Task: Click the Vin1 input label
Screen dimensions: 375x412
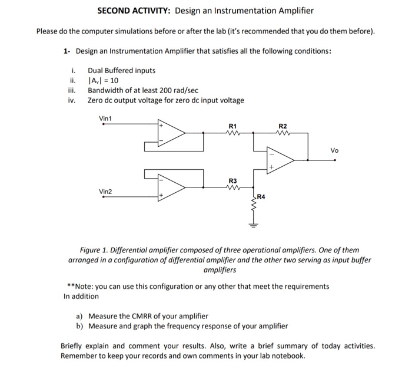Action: point(106,119)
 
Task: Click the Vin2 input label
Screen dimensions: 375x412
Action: point(106,192)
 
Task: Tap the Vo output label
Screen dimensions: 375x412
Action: point(334,150)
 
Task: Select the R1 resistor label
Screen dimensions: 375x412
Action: point(232,126)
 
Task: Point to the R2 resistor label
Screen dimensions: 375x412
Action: point(283,126)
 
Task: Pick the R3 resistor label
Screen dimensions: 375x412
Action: point(232,180)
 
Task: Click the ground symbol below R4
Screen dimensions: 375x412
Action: point(254,225)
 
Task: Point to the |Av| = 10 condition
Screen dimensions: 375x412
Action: point(104,81)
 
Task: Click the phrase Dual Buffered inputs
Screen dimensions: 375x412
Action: point(122,71)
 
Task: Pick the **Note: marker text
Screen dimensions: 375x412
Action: point(81,286)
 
